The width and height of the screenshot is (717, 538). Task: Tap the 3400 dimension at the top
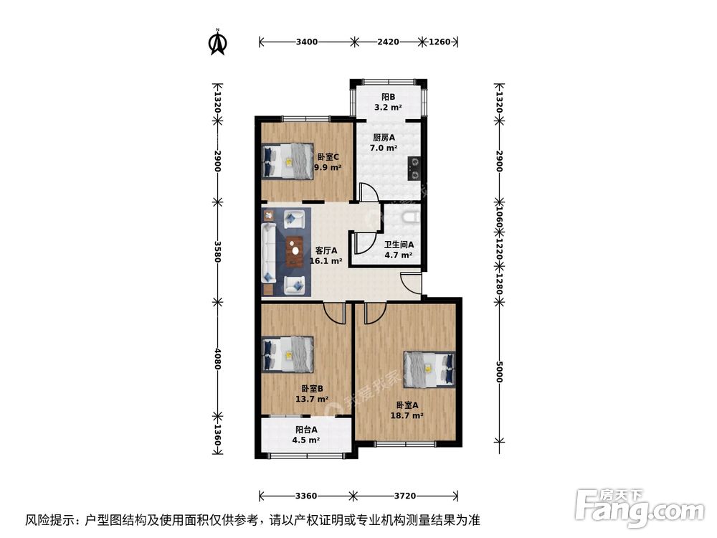point(306,42)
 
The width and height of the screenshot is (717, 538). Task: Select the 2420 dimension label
point(388,42)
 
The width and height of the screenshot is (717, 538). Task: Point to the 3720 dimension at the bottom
point(405,496)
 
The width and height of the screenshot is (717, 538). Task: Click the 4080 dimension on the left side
point(217,358)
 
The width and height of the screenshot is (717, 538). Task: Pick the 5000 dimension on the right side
point(500,372)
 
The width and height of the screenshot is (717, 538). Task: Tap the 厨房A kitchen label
point(384,137)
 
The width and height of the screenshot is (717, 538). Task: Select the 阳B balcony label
point(388,97)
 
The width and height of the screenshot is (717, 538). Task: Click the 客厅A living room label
point(326,250)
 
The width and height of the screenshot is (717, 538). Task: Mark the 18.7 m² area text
point(407,415)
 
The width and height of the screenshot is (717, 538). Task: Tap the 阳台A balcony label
point(306,429)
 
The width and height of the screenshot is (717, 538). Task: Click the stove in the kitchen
point(414,167)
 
